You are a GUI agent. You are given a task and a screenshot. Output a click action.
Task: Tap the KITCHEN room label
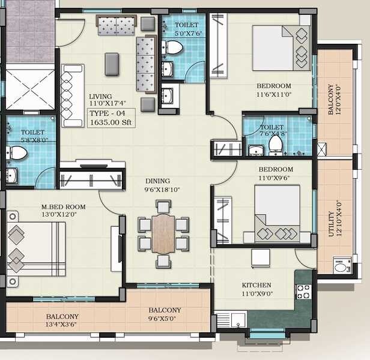256,285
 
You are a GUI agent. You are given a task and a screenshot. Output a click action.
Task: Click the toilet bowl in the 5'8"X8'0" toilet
18,154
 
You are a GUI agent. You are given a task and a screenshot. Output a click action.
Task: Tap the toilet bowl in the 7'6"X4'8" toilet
276,144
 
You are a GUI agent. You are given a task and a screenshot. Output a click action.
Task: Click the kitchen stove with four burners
303,292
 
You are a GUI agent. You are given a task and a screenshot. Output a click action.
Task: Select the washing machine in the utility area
342,265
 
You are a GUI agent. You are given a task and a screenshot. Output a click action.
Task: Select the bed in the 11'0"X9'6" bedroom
277,213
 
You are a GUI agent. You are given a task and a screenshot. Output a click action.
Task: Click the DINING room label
158,181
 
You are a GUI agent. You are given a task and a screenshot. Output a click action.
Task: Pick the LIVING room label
101,97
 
